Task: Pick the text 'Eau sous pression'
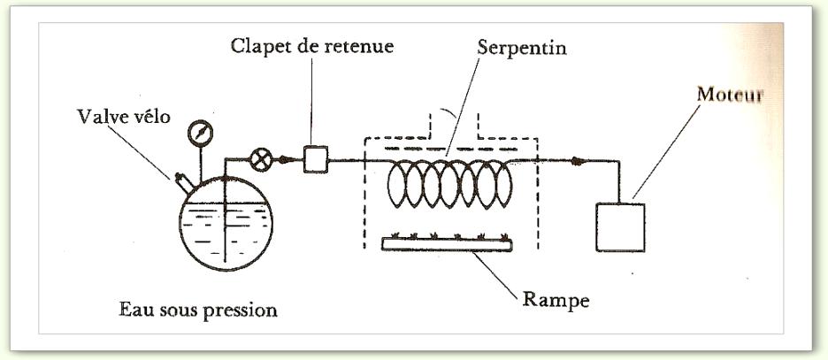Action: (x=198, y=310)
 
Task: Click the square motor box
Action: (x=620, y=227)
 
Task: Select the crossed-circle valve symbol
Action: (x=261, y=161)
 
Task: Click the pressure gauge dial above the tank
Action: (x=201, y=134)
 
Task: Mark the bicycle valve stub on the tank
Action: (x=182, y=184)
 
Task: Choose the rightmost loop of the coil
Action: (x=502, y=183)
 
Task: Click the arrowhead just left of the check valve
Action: (x=285, y=160)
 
